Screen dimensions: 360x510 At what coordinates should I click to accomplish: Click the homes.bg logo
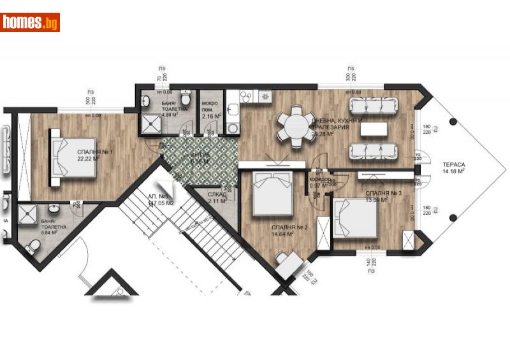[30, 22]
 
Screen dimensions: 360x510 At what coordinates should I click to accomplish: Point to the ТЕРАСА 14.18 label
[453, 167]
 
